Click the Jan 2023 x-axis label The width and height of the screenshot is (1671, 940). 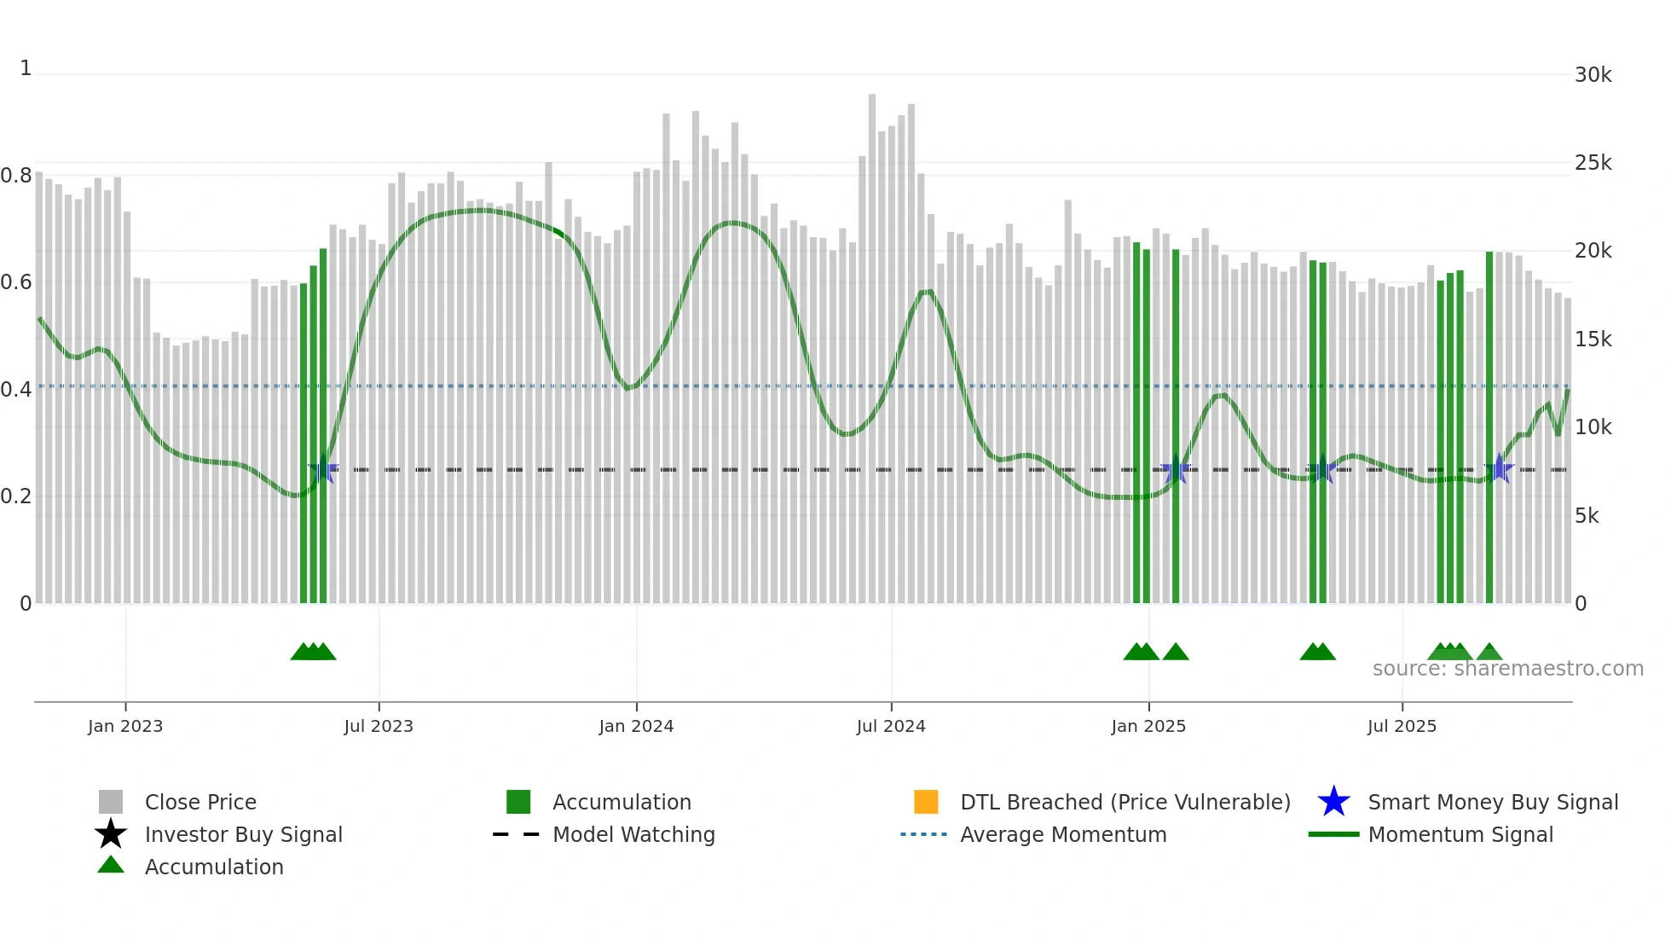pos(125,726)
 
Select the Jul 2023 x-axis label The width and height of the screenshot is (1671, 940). pos(379,726)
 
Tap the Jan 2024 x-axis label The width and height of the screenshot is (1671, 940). pos(636,726)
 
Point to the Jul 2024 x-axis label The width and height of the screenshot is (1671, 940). pos(891,726)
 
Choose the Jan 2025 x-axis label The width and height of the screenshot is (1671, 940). pos(1148,726)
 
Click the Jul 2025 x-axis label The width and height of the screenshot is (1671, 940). pos(1402,726)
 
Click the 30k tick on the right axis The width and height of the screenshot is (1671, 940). pos(1593,75)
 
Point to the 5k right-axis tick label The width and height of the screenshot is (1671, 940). pos(1587,516)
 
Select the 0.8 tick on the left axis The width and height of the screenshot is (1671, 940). pos(16,176)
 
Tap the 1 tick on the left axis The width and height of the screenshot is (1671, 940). pos(26,68)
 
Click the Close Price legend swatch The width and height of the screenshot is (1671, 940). pos(111,802)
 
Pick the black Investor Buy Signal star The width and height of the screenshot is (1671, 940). pos(111,834)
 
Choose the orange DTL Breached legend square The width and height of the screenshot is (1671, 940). pos(926,802)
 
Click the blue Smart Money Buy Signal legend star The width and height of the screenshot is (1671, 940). pos(1333,802)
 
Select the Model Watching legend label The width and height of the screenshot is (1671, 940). pos(633,834)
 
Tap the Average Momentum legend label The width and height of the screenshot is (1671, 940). pos(1063,834)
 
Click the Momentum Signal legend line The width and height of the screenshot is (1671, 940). pos(1333,834)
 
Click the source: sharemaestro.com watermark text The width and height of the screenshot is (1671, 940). pos(1507,669)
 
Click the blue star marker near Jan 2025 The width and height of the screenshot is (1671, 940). pos(1176,469)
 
